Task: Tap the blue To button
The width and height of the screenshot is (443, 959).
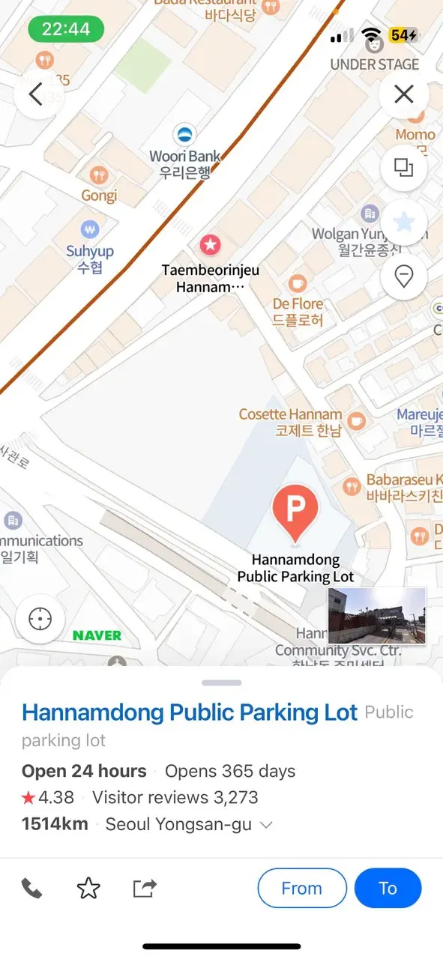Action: (388, 889)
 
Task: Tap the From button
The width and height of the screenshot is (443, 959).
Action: (301, 889)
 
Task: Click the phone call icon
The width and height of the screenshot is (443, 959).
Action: (31, 889)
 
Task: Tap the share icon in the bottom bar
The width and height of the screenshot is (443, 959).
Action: (144, 889)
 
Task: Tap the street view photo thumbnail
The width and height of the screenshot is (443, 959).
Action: (377, 616)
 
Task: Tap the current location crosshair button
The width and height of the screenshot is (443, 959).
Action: (40, 620)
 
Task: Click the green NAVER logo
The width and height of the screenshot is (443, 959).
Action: (97, 635)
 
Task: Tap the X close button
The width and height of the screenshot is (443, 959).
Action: (404, 94)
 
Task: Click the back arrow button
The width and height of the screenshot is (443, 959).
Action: (36, 94)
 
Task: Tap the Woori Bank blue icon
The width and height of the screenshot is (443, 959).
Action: (184, 136)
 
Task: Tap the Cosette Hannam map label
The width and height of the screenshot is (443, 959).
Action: (290, 422)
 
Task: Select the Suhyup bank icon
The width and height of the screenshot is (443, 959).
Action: (91, 229)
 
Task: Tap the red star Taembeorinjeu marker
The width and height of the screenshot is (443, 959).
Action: (210, 244)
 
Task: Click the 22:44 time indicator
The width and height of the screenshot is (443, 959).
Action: (66, 29)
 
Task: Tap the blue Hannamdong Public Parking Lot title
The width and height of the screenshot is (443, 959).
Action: (190, 713)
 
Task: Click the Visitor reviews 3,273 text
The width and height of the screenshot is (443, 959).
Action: (175, 798)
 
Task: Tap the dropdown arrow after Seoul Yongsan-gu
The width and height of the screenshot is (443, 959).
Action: (265, 825)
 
